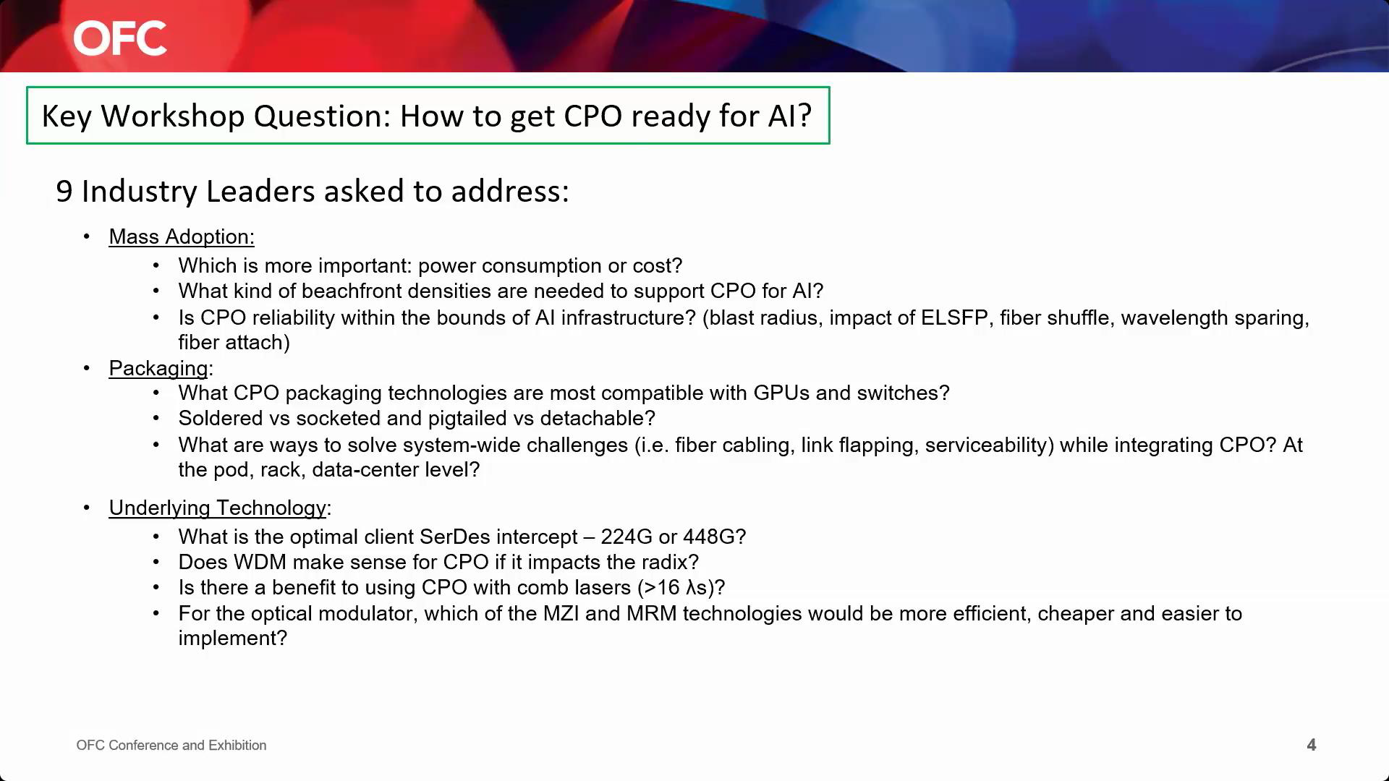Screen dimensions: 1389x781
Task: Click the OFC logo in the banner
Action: [x=120, y=38]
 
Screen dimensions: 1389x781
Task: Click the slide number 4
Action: [x=1311, y=745]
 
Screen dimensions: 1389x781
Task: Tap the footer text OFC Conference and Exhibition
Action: [x=171, y=745]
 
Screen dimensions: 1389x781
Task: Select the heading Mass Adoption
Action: [x=182, y=236]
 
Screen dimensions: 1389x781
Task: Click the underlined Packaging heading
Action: [x=158, y=368]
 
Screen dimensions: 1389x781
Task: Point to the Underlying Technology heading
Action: [x=218, y=508]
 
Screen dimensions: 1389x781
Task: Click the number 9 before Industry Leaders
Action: [x=64, y=191]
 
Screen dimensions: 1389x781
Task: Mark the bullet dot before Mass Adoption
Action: [x=87, y=236]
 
